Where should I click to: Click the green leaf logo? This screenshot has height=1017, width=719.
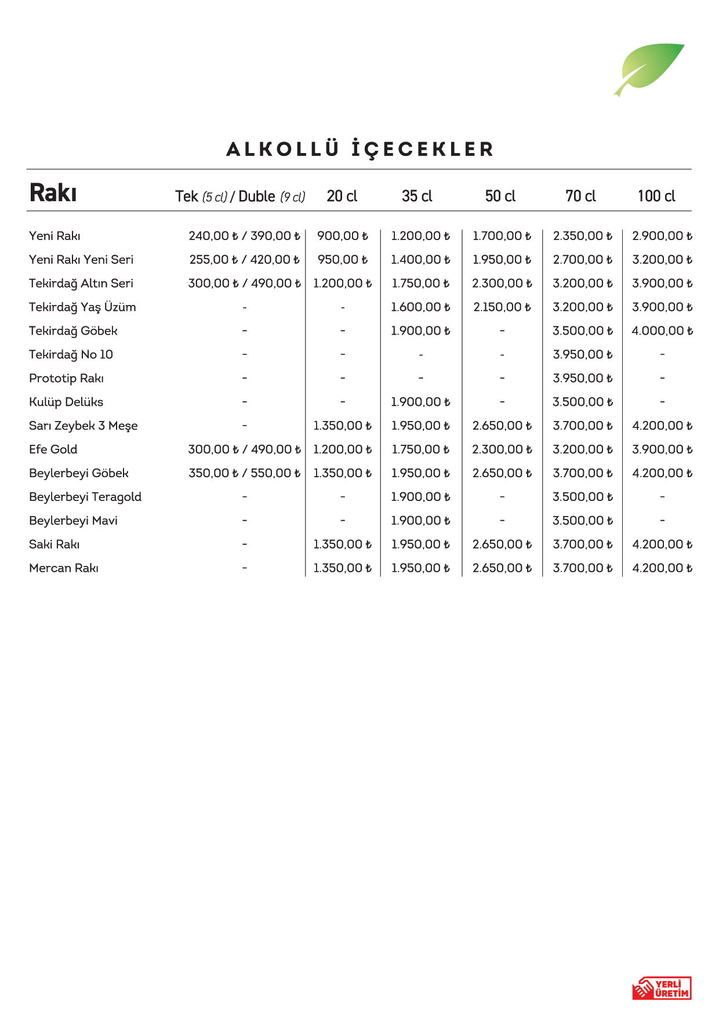point(649,68)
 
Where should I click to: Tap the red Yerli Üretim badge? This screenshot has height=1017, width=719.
point(662,988)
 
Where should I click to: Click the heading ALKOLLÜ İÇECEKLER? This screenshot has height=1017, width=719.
point(359,149)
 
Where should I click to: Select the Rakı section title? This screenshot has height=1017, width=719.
point(53,193)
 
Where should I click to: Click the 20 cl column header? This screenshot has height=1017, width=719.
point(342,196)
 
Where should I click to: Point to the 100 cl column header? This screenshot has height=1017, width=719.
point(656,196)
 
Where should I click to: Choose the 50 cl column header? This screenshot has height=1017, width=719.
point(500,196)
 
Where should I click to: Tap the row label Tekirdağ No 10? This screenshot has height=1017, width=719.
point(71,354)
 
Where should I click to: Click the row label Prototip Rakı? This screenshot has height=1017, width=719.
point(66,378)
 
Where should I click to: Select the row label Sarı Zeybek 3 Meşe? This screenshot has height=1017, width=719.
point(83,426)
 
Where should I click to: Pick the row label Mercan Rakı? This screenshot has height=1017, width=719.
point(64,568)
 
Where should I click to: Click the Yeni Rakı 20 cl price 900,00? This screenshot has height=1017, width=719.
point(342,236)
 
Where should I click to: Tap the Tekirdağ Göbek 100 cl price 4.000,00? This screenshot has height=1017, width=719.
point(662,331)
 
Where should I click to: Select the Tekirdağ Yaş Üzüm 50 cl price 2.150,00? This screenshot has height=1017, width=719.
point(502,307)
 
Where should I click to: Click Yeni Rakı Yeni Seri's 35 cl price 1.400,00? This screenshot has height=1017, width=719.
point(420,260)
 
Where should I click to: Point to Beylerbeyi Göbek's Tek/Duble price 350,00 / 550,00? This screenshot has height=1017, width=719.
point(244,473)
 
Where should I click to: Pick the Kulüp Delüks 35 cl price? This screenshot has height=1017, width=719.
point(420,402)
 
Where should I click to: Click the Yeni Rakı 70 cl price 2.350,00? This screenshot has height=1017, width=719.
point(582,236)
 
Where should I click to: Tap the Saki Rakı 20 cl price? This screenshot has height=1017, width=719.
point(342,544)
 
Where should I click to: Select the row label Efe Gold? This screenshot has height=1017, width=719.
point(53,449)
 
